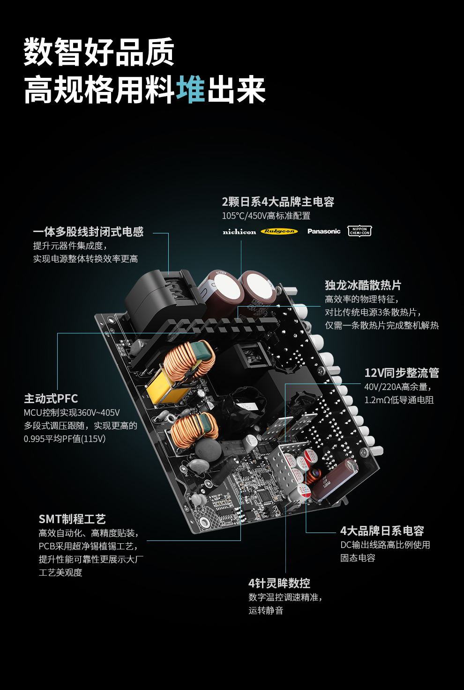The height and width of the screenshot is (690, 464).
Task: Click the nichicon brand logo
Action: (x=239, y=232)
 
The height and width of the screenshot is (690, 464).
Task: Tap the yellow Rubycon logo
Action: (x=279, y=231)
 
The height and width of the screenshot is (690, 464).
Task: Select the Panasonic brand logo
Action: (x=324, y=231)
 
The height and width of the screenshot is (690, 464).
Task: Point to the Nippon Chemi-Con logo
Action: (x=359, y=231)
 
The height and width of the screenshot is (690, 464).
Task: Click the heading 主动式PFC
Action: (x=51, y=398)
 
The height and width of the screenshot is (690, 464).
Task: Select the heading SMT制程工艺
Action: (x=72, y=519)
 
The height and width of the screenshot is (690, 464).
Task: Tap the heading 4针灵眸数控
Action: (x=279, y=583)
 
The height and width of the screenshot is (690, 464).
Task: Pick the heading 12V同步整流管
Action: (x=402, y=373)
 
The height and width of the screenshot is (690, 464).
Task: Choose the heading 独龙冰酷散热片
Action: (x=363, y=285)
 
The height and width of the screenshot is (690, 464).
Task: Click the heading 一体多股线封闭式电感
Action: (x=88, y=232)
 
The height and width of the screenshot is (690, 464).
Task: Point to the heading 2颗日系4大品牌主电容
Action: (x=278, y=202)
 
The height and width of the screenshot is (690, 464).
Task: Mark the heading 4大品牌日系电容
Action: (x=382, y=531)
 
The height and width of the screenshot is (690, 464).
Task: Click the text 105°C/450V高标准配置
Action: (x=266, y=216)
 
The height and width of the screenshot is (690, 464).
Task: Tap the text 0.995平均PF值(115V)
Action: (x=65, y=439)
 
